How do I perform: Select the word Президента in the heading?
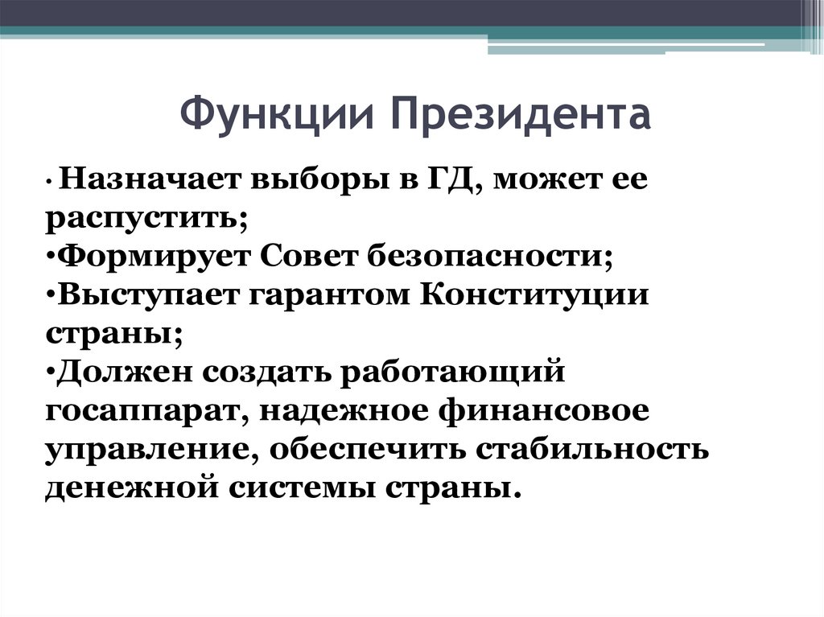522,115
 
